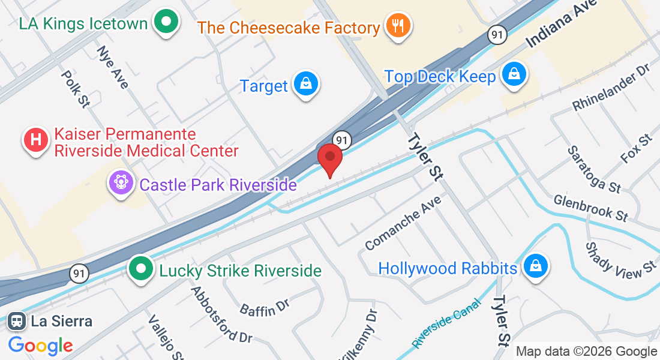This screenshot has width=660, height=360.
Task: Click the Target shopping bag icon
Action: coord(306,85)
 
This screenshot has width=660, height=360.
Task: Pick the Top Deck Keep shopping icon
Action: coord(514,76)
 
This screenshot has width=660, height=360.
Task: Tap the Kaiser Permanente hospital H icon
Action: coord(35,140)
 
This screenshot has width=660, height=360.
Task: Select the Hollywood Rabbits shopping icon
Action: coord(535,267)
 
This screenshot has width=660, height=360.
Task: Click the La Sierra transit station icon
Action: coord(16,321)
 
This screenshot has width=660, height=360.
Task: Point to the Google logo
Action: coord(41,345)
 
